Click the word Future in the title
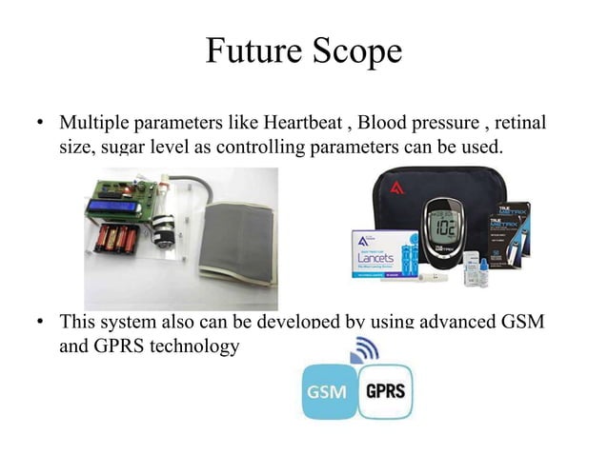[251, 51]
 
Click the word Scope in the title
[354, 51]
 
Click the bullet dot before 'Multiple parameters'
[40, 126]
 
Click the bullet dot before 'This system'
[40, 323]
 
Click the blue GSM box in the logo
[330, 392]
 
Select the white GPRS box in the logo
[385, 392]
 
